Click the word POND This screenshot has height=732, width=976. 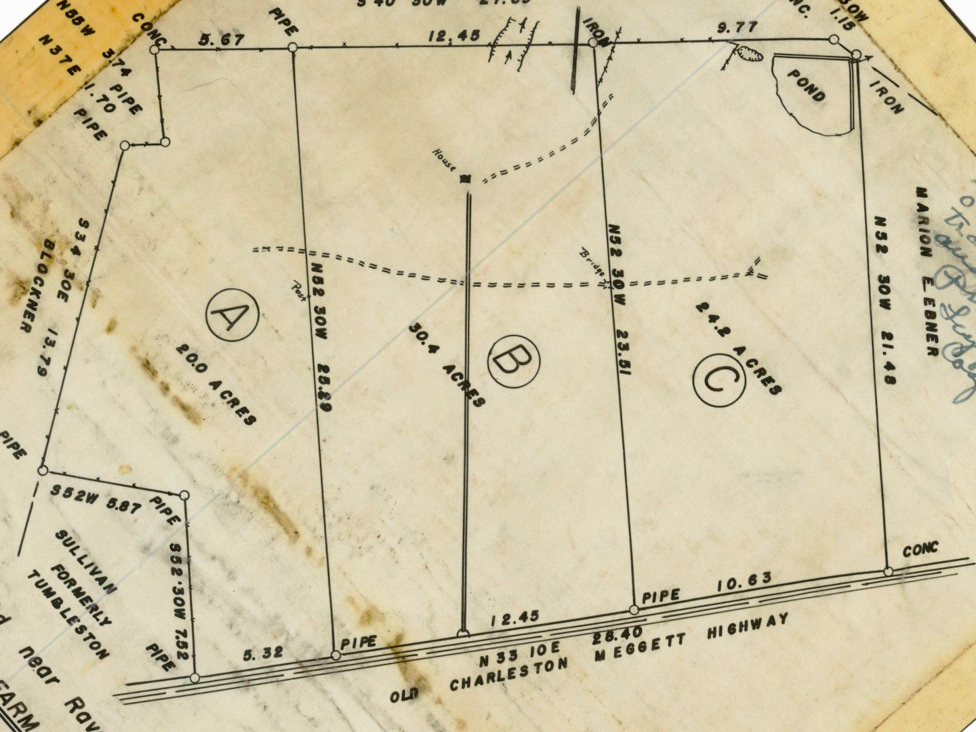click(807, 85)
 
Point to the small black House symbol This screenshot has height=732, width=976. click(465, 179)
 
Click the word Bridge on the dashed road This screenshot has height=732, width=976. click(592, 262)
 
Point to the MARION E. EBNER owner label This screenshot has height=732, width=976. click(927, 271)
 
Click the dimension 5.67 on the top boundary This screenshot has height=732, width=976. click(221, 40)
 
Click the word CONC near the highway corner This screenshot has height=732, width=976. click(920, 549)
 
